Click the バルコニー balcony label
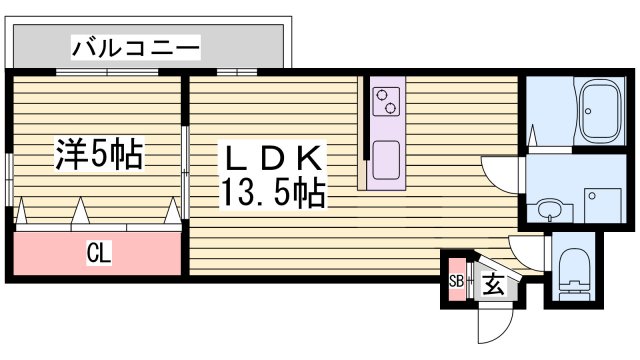click(x=135, y=46)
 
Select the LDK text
click(x=272, y=158)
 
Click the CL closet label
click(x=98, y=254)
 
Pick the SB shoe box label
click(x=456, y=281)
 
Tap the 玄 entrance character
click(x=493, y=284)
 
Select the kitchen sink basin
click(x=385, y=160)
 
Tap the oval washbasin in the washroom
click(x=549, y=210)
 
